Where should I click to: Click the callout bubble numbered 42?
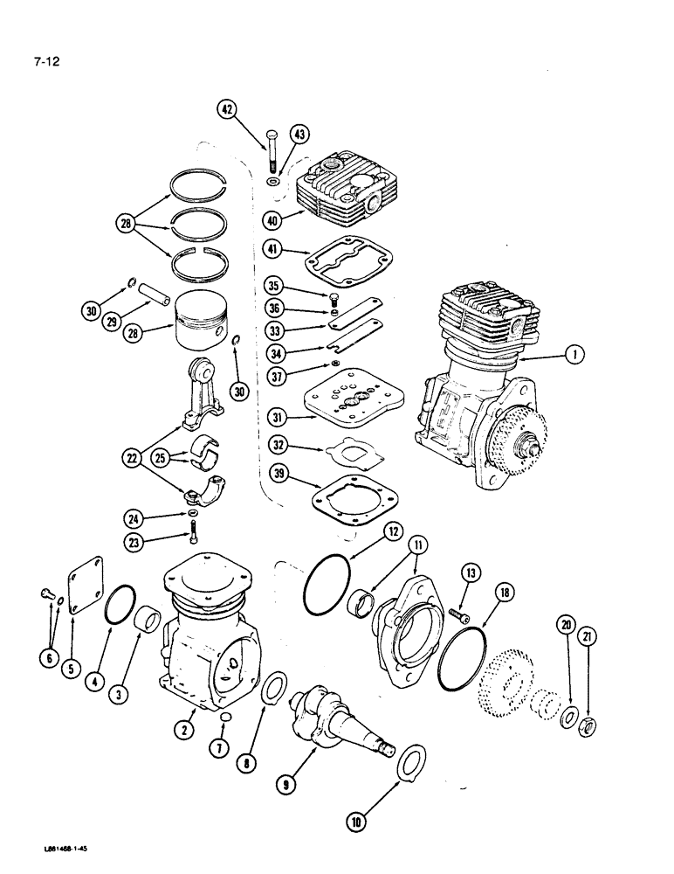tap(227, 109)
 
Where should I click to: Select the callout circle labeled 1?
tap(573, 354)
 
